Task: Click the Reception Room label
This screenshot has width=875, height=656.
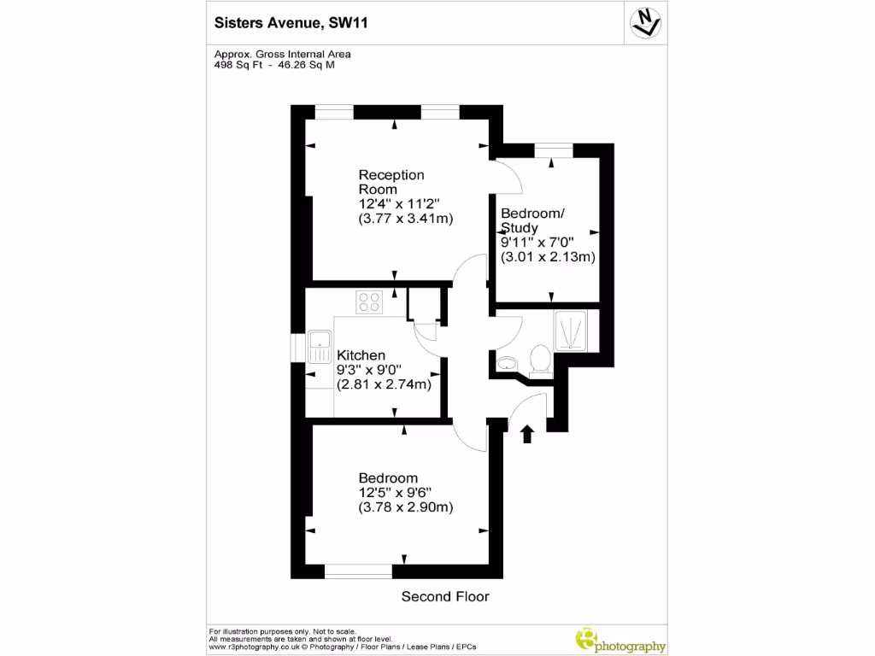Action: click(x=391, y=181)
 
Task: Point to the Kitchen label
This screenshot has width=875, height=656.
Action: click(x=361, y=355)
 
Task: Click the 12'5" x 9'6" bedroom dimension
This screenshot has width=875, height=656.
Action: click(x=395, y=493)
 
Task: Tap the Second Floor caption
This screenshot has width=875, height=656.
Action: click(x=445, y=596)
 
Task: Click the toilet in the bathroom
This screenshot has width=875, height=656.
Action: click(x=539, y=360)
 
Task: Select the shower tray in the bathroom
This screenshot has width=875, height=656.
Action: click(x=570, y=331)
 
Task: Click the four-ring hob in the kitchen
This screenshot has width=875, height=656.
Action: click(x=370, y=302)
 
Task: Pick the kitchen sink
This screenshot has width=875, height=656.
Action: click(x=320, y=348)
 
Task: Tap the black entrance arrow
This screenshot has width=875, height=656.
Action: click(x=527, y=434)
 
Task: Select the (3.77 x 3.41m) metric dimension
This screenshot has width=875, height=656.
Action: click(x=405, y=219)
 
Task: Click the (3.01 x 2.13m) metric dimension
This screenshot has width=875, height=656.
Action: click(x=548, y=256)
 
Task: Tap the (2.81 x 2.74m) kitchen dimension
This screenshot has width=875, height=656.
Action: click(x=384, y=384)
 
